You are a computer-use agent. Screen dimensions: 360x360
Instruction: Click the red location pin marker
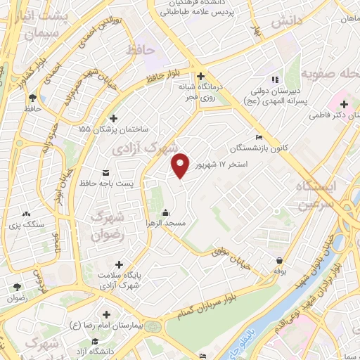[181, 165]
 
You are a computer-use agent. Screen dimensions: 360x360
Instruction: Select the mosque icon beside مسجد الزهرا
[165, 212]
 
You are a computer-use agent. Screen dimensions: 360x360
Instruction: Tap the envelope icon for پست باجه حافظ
[106, 172]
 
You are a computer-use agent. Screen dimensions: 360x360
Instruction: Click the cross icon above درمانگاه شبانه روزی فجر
[201, 77]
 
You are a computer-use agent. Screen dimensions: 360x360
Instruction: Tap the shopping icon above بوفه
[280, 260]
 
